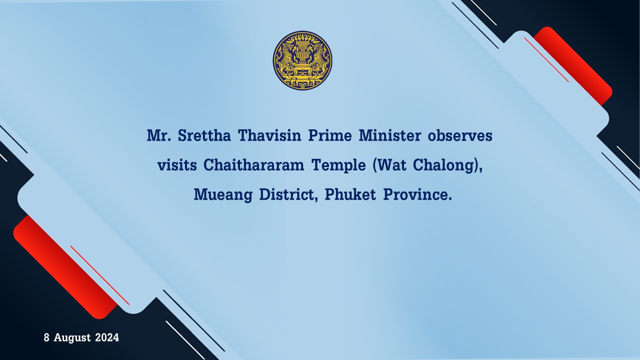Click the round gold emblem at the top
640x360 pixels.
click(302, 60)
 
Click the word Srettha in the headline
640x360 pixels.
click(204, 135)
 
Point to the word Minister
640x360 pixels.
click(390, 135)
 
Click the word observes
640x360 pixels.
click(460, 135)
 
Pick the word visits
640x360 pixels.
click(177, 165)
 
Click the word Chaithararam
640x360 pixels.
click(253, 165)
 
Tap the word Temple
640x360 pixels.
click(338, 166)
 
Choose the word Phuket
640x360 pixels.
click(350, 194)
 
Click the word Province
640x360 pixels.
click(417, 194)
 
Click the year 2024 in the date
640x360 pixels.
click(107, 337)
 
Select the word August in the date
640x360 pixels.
click(72, 338)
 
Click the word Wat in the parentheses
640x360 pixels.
click(392, 165)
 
